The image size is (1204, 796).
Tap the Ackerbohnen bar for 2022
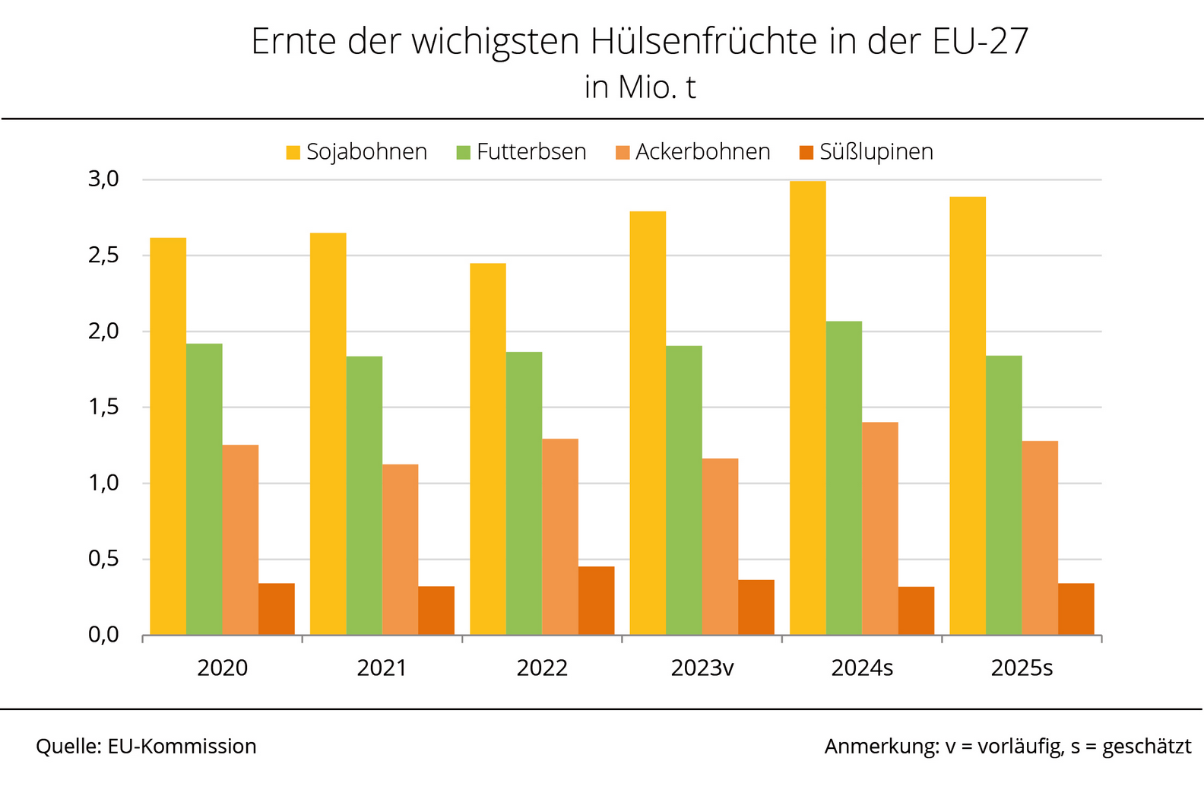coord(560,537)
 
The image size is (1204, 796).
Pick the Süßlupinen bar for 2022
coord(596,601)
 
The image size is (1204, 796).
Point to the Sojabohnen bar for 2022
coord(488,449)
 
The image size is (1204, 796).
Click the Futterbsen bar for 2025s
coord(1003,495)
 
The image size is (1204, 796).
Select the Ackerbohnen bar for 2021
coord(400,549)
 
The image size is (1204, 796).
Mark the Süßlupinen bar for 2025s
coord(1076,609)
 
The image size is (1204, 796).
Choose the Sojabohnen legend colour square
coord(293,152)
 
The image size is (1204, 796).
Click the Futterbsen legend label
coord(531,152)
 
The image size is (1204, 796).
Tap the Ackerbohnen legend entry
coord(693,152)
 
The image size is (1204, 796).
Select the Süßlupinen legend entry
coord(867,152)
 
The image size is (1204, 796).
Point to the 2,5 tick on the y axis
coord(104,255)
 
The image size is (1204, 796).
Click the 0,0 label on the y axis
coord(104,635)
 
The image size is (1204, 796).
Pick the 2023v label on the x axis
coord(702,668)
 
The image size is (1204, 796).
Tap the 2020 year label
coord(222,668)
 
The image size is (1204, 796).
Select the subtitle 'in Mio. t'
coord(640,87)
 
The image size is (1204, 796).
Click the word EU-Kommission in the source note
coord(182,747)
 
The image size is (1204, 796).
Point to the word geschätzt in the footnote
coord(1146,747)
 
